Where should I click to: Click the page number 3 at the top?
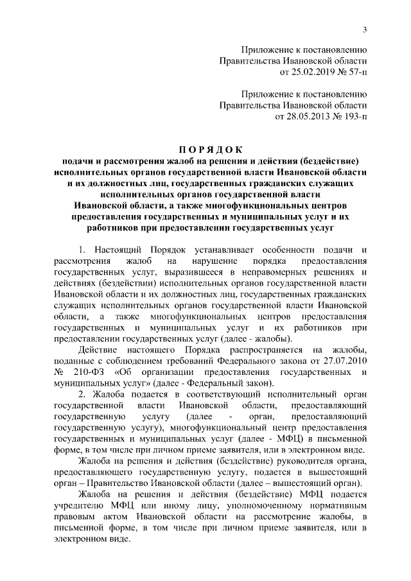(365, 29)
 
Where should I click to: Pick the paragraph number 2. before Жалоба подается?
(81, 394)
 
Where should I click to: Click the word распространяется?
(259, 349)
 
